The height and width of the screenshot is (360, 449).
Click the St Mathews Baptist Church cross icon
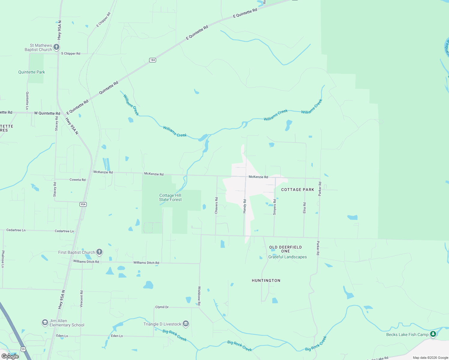[56, 47]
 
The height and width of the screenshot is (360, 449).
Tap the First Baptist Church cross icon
[99, 252]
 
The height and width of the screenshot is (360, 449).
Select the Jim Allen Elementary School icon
[45, 322]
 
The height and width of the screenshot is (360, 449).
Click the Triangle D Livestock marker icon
[186, 324]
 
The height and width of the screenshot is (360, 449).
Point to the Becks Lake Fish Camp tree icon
[433, 334]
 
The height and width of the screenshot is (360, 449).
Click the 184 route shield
[152, 60]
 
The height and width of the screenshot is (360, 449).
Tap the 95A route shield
[83, 204]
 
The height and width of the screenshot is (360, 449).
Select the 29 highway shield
[23, 349]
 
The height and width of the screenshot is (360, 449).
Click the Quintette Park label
[32, 72]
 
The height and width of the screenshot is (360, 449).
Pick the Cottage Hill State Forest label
[170, 197]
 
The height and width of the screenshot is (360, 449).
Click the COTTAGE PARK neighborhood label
[297, 190]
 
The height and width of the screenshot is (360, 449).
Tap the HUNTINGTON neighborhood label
[266, 280]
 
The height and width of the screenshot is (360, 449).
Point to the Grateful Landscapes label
[288, 257]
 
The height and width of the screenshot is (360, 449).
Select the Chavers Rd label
[216, 205]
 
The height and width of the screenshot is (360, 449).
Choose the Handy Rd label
[245, 206]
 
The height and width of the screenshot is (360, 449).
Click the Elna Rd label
[304, 208]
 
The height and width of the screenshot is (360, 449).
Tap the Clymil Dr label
[162, 307]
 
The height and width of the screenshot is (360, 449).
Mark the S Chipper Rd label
[71, 53]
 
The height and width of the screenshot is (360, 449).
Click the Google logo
[10, 356]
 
